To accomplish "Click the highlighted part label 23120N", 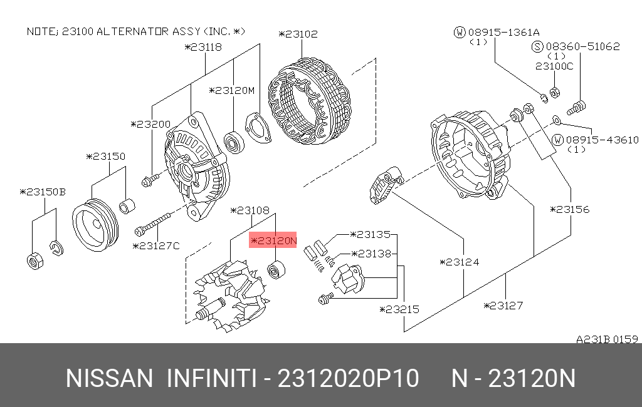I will tap(273, 240).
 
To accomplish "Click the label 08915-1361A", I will tap(496, 32).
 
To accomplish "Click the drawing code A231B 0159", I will tap(606, 339).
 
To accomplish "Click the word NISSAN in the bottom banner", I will tap(109, 379).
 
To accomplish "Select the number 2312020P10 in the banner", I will tap(348, 379).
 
